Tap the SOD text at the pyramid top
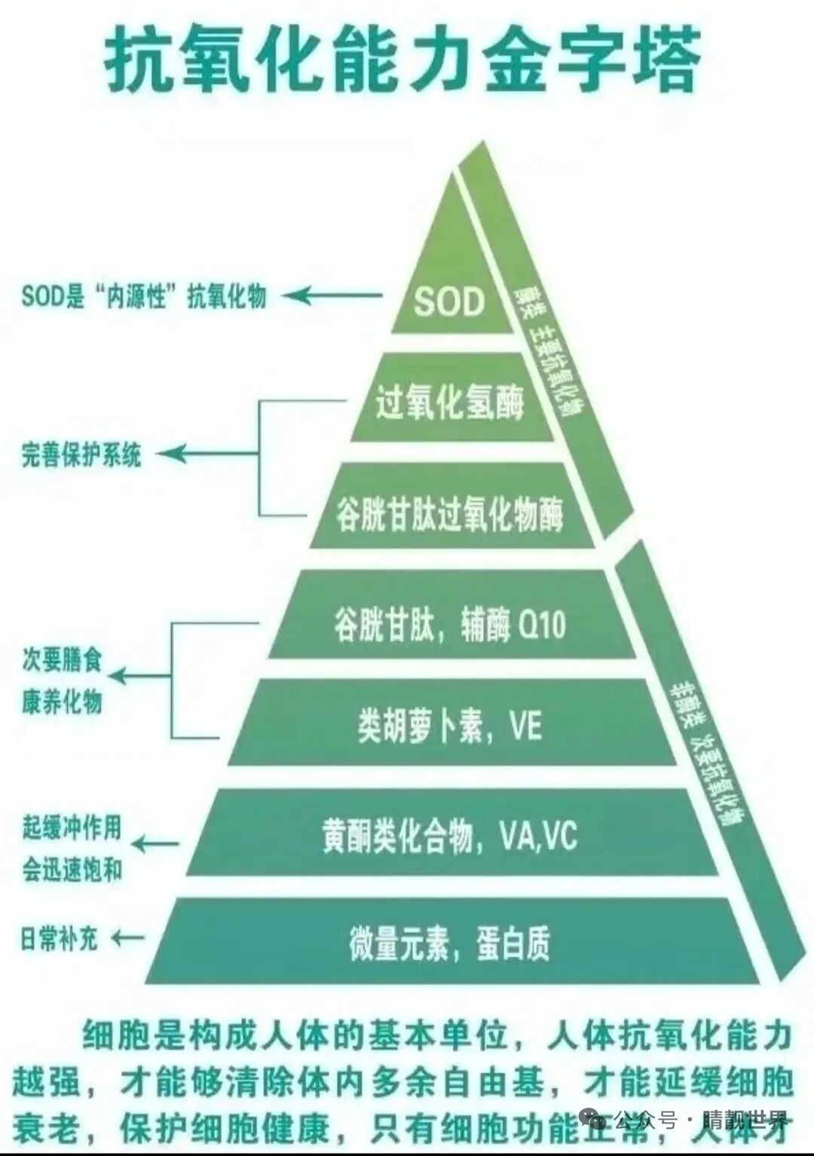449,302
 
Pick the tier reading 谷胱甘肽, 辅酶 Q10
449,624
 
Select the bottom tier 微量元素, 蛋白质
450,942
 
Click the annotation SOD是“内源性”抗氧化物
144,296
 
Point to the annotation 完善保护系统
81,455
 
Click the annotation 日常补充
59,940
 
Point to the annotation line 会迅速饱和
71,870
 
